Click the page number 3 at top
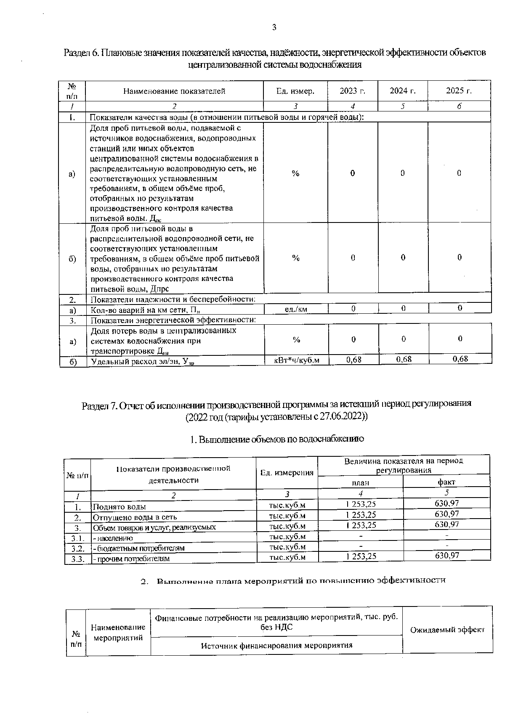(274, 28)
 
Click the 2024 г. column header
(402, 91)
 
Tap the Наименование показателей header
(174, 91)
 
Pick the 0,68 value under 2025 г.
(460, 359)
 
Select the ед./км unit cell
(296, 309)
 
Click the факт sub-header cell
(447, 482)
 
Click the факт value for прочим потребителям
(447, 556)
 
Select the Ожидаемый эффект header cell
(447, 630)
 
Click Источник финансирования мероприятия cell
(276, 645)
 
